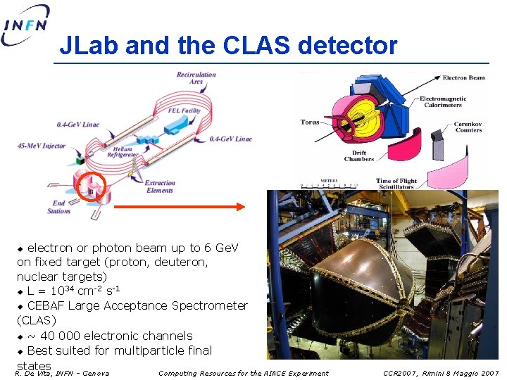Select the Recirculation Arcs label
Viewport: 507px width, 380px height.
[x=196, y=78]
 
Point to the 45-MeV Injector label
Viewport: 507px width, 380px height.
[x=42, y=146]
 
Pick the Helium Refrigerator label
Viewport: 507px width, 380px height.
[x=123, y=153]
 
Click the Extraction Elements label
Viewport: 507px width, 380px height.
[x=160, y=186]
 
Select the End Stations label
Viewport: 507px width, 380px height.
[x=59, y=207]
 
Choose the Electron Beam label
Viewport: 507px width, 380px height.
[x=463, y=77]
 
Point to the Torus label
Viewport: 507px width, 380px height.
[x=310, y=122]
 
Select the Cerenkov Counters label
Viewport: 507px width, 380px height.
[x=468, y=127]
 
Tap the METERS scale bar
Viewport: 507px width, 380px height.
[x=329, y=185]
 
